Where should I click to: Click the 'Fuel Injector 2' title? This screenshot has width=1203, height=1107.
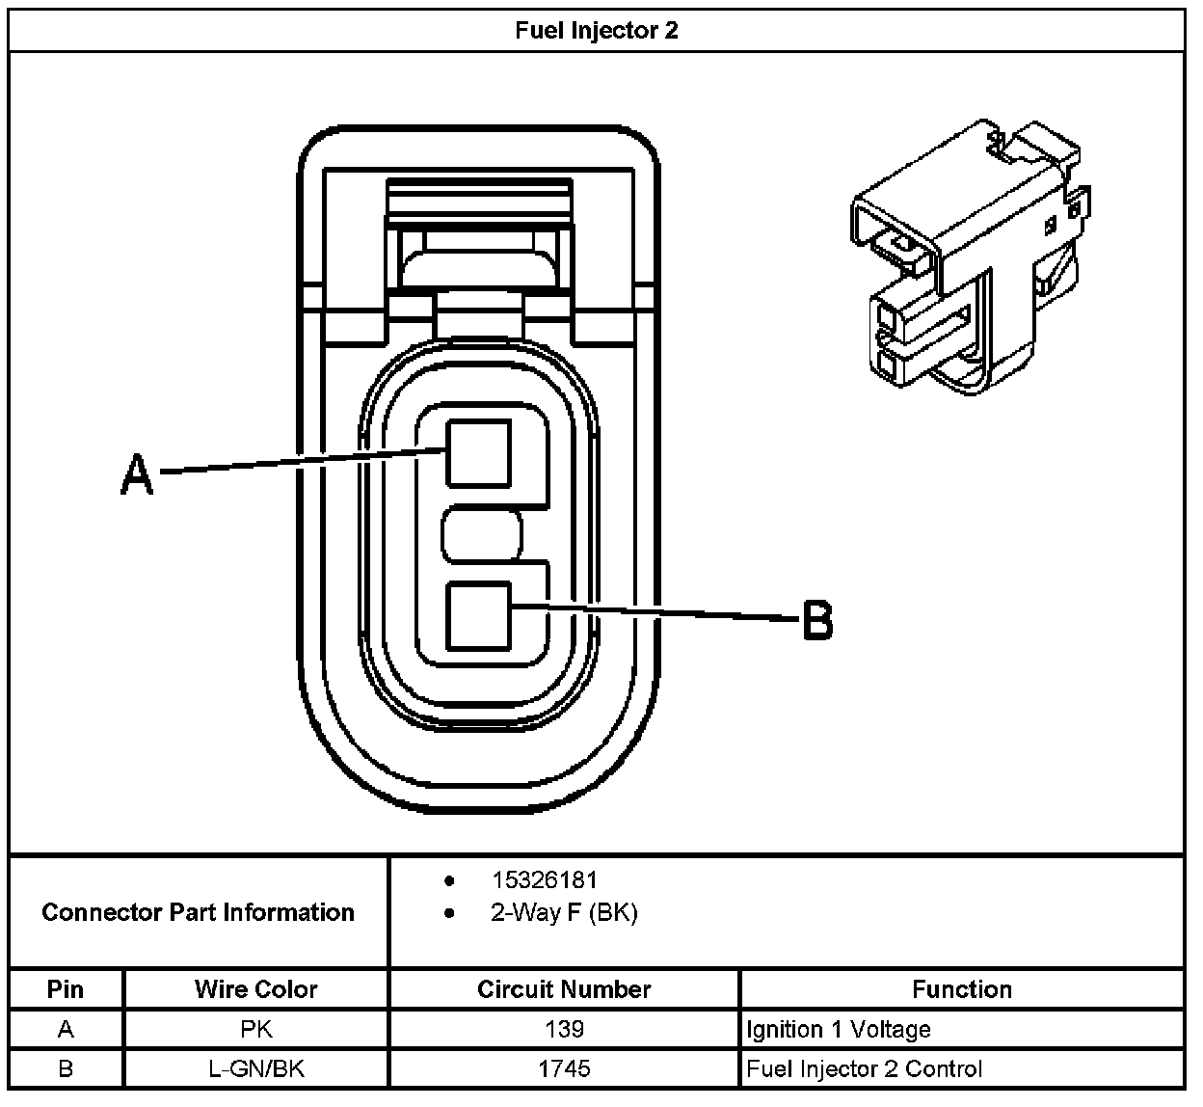click(x=596, y=30)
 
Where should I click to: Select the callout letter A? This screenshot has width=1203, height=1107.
click(x=137, y=474)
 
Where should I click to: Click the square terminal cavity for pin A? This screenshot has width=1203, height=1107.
click(x=478, y=453)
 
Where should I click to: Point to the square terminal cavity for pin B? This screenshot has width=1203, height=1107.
click(x=478, y=615)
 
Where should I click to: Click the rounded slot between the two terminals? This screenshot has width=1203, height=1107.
click(x=482, y=534)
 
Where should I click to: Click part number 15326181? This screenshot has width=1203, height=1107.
click(x=544, y=879)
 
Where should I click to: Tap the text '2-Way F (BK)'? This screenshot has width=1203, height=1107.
click(x=563, y=912)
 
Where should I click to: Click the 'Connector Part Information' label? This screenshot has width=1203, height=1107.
click(x=198, y=912)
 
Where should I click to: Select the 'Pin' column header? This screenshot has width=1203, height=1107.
click(x=66, y=989)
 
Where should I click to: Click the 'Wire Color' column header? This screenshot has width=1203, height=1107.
click(x=255, y=989)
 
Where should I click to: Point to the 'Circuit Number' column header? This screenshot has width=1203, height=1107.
click(x=564, y=989)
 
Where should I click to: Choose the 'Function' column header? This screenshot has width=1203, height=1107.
click(x=961, y=989)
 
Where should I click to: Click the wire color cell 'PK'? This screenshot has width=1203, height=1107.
click(x=255, y=1030)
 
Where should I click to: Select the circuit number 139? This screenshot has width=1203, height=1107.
click(x=564, y=1030)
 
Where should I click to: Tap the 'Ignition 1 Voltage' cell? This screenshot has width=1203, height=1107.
click(x=838, y=1030)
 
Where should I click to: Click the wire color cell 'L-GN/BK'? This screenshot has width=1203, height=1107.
click(x=255, y=1068)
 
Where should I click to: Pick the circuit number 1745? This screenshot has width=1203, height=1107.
click(x=564, y=1068)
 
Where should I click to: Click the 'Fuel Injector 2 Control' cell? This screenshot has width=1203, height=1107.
click(x=864, y=1068)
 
